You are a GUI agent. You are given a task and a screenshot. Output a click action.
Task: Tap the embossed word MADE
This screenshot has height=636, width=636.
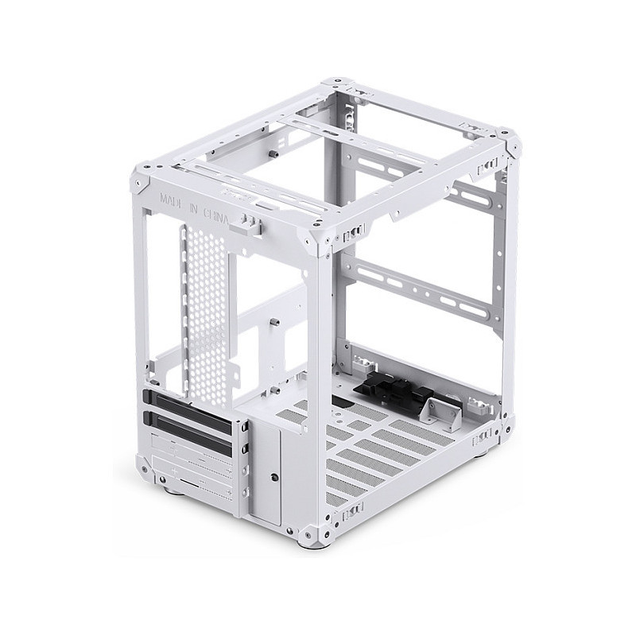(171, 200)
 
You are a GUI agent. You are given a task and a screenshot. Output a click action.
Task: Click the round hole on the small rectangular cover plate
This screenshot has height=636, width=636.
(274, 475)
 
